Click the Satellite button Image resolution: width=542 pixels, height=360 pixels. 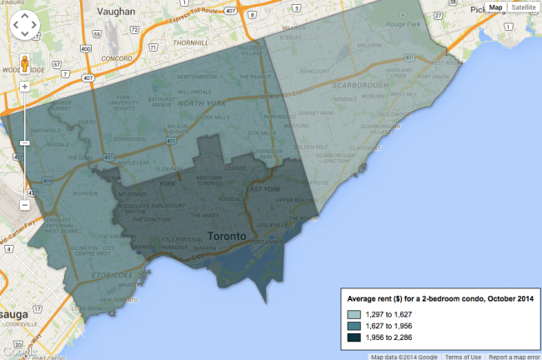524,7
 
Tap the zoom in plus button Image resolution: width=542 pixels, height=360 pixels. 24,86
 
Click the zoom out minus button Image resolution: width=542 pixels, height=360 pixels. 24,205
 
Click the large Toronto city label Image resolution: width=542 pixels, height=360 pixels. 226,236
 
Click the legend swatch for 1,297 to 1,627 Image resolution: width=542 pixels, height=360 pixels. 354,313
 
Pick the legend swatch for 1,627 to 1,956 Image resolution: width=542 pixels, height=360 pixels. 354,325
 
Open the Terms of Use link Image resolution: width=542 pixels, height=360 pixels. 464,356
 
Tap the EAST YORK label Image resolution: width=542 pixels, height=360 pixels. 262,190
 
